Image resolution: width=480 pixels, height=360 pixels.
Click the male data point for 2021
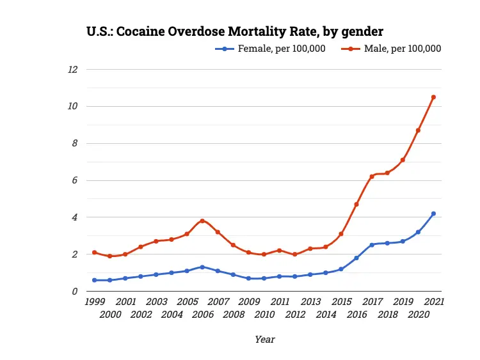point(433,97)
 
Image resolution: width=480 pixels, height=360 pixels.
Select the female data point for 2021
point(433,214)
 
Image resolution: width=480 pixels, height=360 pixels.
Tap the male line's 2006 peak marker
point(202,221)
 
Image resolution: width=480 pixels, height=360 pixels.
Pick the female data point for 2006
point(202,267)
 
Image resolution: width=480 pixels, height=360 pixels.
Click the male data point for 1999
point(94,253)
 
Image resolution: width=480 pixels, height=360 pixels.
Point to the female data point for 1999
point(94,280)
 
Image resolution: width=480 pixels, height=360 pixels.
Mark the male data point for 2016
point(356,204)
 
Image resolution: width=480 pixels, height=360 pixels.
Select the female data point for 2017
point(372,245)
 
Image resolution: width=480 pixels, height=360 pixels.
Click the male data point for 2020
point(418,130)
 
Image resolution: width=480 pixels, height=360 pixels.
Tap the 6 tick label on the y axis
point(75,180)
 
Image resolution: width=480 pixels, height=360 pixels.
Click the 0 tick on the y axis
point(75,292)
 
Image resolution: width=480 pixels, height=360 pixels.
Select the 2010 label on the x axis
point(264,315)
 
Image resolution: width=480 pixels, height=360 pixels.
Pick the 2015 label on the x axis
point(341,301)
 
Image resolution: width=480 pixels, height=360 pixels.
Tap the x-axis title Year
point(264,340)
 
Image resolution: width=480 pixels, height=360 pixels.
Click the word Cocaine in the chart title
point(141,31)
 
